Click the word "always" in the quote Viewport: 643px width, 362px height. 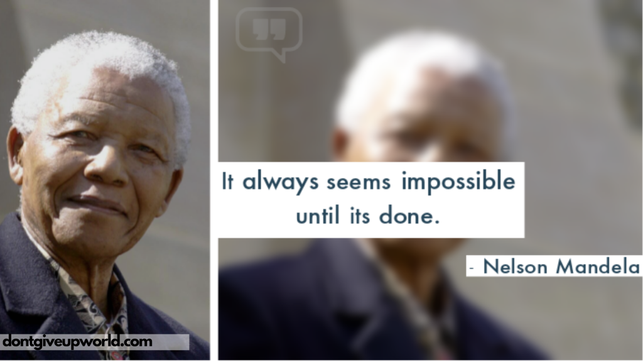[x=280, y=182]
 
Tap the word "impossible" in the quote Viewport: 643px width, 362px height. [x=458, y=182]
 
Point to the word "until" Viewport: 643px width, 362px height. [x=318, y=214]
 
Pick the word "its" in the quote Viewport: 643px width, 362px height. [x=360, y=215]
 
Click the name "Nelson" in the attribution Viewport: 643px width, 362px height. [x=515, y=266]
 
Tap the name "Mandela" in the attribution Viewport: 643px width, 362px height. [x=598, y=266]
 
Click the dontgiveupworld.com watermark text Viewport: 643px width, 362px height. [x=77, y=341]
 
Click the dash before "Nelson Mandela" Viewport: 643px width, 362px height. [x=472, y=268]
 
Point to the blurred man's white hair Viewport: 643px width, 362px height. [x=423, y=70]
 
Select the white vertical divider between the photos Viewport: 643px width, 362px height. [x=213, y=180]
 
